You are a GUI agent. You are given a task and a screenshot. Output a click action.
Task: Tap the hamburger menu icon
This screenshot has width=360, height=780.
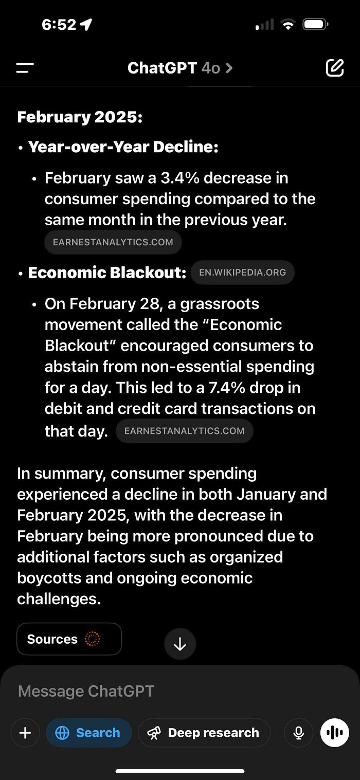click(x=25, y=68)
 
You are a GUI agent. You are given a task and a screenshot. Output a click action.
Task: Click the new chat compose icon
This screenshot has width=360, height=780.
click(x=334, y=68)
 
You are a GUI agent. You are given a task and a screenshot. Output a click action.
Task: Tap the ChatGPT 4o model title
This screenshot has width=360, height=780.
click(x=179, y=68)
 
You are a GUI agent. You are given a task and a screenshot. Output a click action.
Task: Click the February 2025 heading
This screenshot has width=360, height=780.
click(x=80, y=117)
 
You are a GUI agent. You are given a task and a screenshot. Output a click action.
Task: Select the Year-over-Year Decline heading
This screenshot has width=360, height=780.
click(x=123, y=147)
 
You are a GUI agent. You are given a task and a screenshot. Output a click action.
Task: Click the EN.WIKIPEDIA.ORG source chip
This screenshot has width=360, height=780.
click(x=242, y=273)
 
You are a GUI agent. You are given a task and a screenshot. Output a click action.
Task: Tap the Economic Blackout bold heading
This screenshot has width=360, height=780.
click(x=107, y=273)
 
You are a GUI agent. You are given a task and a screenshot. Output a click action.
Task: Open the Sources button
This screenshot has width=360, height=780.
click(x=69, y=639)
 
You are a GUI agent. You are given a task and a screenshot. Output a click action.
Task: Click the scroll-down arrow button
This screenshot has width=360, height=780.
click(x=180, y=644)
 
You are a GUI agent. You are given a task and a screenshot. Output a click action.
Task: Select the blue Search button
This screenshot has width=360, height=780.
click(x=88, y=733)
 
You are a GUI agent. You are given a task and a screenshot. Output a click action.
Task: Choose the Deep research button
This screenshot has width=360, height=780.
click(x=204, y=733)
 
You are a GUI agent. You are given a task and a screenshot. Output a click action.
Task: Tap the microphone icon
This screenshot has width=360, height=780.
click(x=299, y=733)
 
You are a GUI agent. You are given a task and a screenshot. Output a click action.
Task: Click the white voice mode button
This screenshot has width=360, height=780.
click(x=334, y=733)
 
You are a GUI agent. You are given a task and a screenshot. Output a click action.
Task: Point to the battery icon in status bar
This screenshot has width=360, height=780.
click(x=315, y=24)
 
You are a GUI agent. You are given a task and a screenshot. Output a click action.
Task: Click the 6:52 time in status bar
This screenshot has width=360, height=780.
click(x=59, y=24)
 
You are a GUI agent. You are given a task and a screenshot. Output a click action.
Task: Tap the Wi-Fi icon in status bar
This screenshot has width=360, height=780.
click(x=288, y=24)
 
